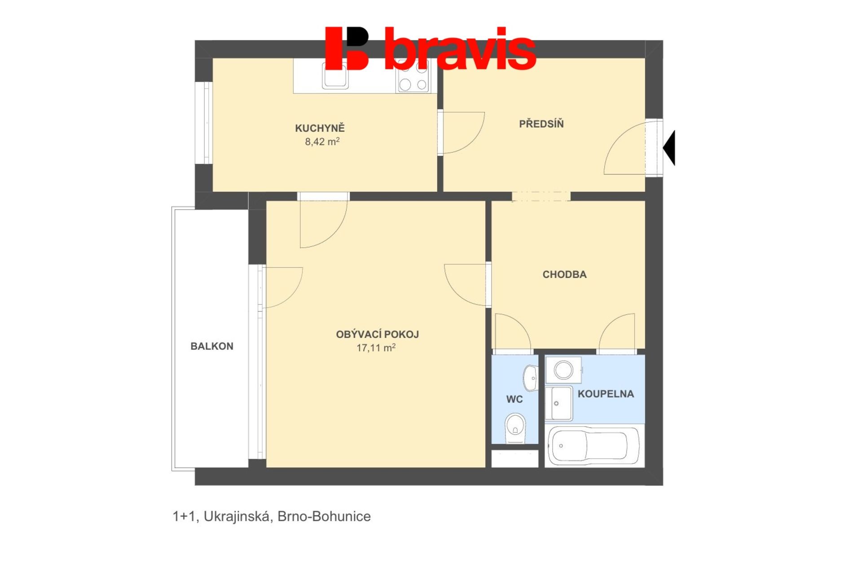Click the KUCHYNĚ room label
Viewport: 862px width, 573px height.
[320, 128]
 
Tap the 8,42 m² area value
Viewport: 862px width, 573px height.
[322, 142]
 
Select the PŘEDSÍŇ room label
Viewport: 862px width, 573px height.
[541, 124]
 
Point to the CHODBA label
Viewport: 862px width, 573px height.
[564, 274]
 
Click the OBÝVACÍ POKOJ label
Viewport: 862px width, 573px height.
[377, 334]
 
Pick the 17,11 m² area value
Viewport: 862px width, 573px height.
[376, 348]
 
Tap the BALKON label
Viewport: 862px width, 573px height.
[212, 346]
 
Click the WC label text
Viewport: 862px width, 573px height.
[514, 399]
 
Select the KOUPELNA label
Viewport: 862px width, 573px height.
[606, 394]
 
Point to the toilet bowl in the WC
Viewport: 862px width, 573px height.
[515, 428]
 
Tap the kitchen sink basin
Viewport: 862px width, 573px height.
[335, 75]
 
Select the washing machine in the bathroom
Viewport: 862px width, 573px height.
[563, 370]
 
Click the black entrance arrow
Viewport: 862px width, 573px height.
[669, 148]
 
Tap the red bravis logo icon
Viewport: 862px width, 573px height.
[347, 48]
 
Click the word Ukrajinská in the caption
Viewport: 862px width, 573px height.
[237, 516]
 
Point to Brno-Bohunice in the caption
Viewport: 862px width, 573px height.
[324, 516]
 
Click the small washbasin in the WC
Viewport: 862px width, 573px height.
[531, 378]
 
